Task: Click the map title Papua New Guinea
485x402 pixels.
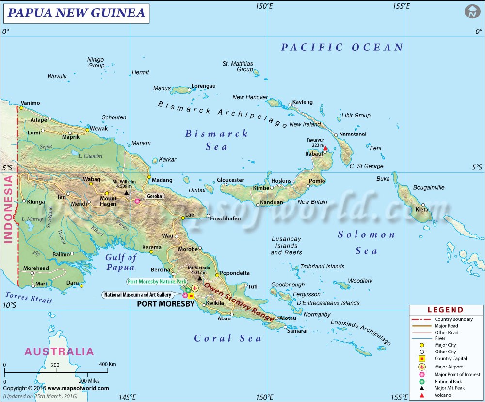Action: pos(77,13)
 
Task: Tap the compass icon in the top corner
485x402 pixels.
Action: pos(471,12)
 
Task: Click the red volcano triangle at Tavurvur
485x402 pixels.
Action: pos(326,149)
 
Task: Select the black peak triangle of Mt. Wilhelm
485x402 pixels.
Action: pos(127,193)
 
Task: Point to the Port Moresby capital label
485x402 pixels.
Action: pos(165,304)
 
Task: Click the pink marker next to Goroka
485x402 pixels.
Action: pos(137,201)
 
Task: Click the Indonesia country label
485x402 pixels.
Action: pos(8,209)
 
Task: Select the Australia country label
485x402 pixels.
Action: pos(59,352)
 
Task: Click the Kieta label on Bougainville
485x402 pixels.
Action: pos(421,210)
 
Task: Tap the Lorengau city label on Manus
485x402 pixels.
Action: pos(203,86)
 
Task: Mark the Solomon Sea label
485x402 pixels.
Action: pos(367,242)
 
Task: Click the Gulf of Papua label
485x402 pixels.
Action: pos(121,262)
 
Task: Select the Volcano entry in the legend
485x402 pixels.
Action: pos(443,395)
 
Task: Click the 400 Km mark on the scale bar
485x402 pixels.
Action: pos(108,364)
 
